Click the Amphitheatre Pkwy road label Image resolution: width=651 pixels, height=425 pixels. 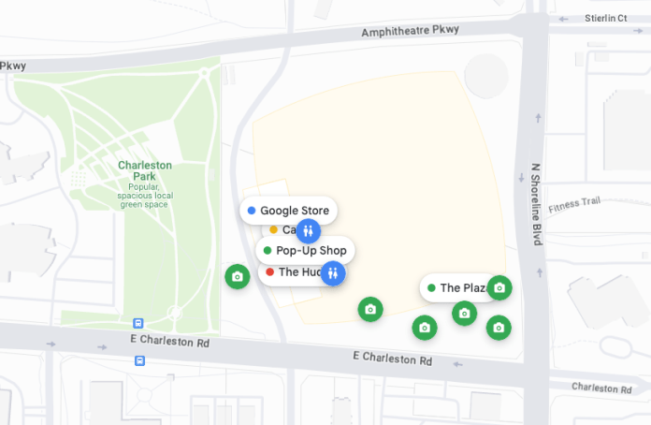coord(412,30)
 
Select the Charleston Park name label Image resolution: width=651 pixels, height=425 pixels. coord(145,171)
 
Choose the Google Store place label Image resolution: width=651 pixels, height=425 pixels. coord(294,211)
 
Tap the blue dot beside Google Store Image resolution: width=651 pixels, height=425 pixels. coord(252,211)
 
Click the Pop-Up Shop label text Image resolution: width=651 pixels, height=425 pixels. coord(311,250)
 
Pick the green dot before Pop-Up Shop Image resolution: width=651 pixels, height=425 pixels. coord(268,250)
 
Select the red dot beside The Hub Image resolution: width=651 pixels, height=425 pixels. coord(269,272)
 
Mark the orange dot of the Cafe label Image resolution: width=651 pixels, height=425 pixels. coord(273,229)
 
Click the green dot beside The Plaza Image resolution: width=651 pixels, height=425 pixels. coord(431,287)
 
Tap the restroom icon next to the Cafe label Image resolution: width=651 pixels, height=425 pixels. coord(310,230)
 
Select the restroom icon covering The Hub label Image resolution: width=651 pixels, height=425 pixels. coord(333,273)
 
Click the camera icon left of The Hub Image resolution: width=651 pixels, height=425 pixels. coord(238,276)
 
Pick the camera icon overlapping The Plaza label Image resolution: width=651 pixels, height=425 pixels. coord(499,287)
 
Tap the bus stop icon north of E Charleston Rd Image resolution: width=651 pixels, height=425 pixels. coord(139,323)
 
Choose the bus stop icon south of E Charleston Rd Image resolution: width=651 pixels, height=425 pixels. coord(139,359)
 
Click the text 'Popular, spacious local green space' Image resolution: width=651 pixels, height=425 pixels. coord(145,195)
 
